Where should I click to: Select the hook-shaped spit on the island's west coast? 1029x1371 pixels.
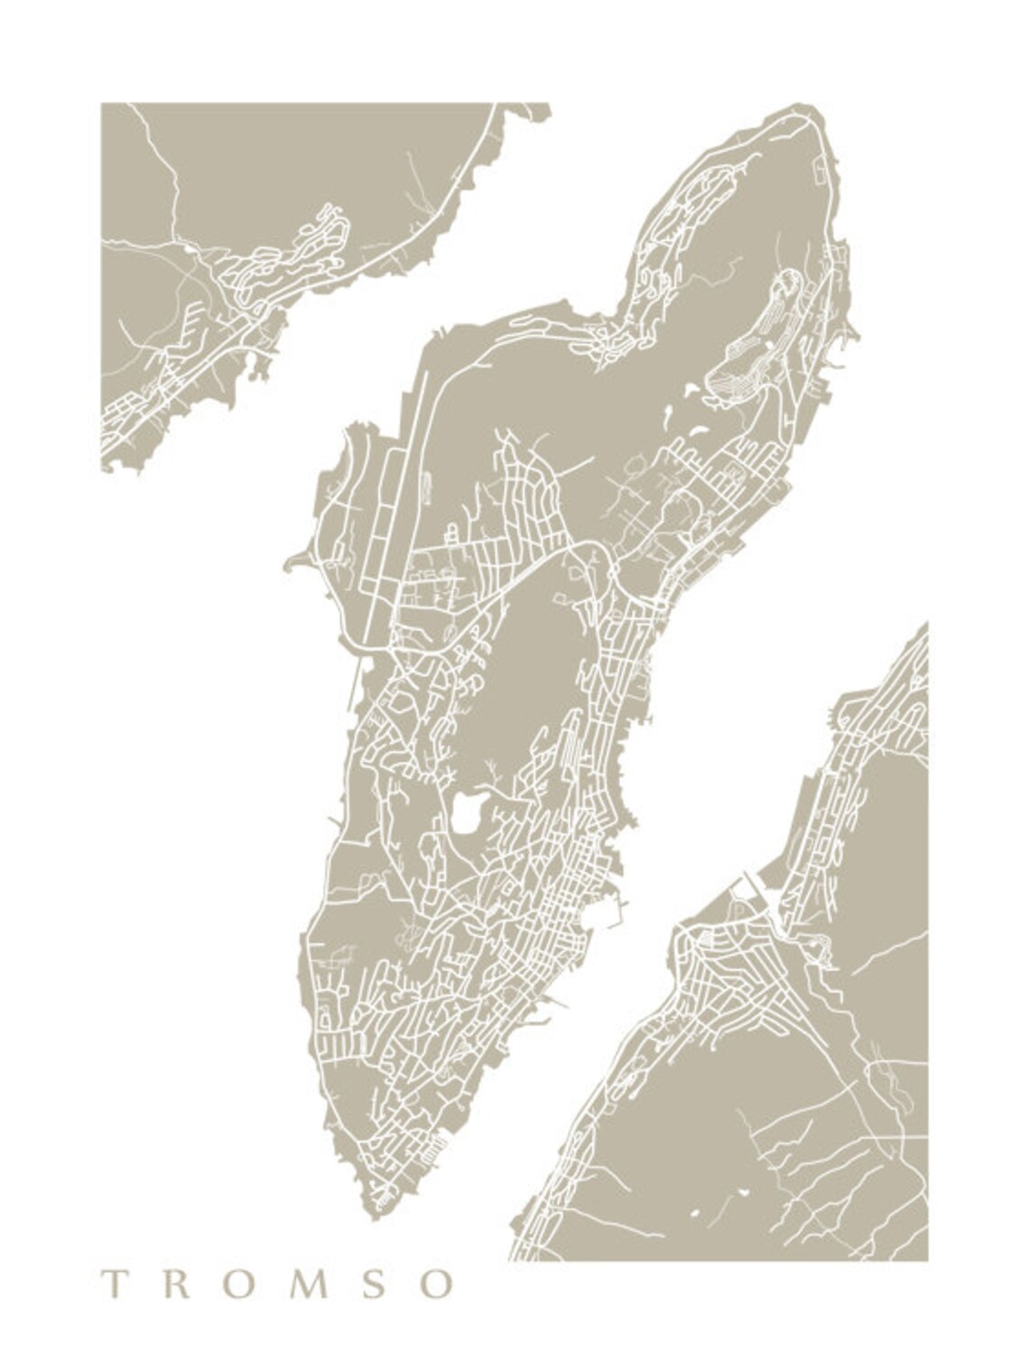292,563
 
